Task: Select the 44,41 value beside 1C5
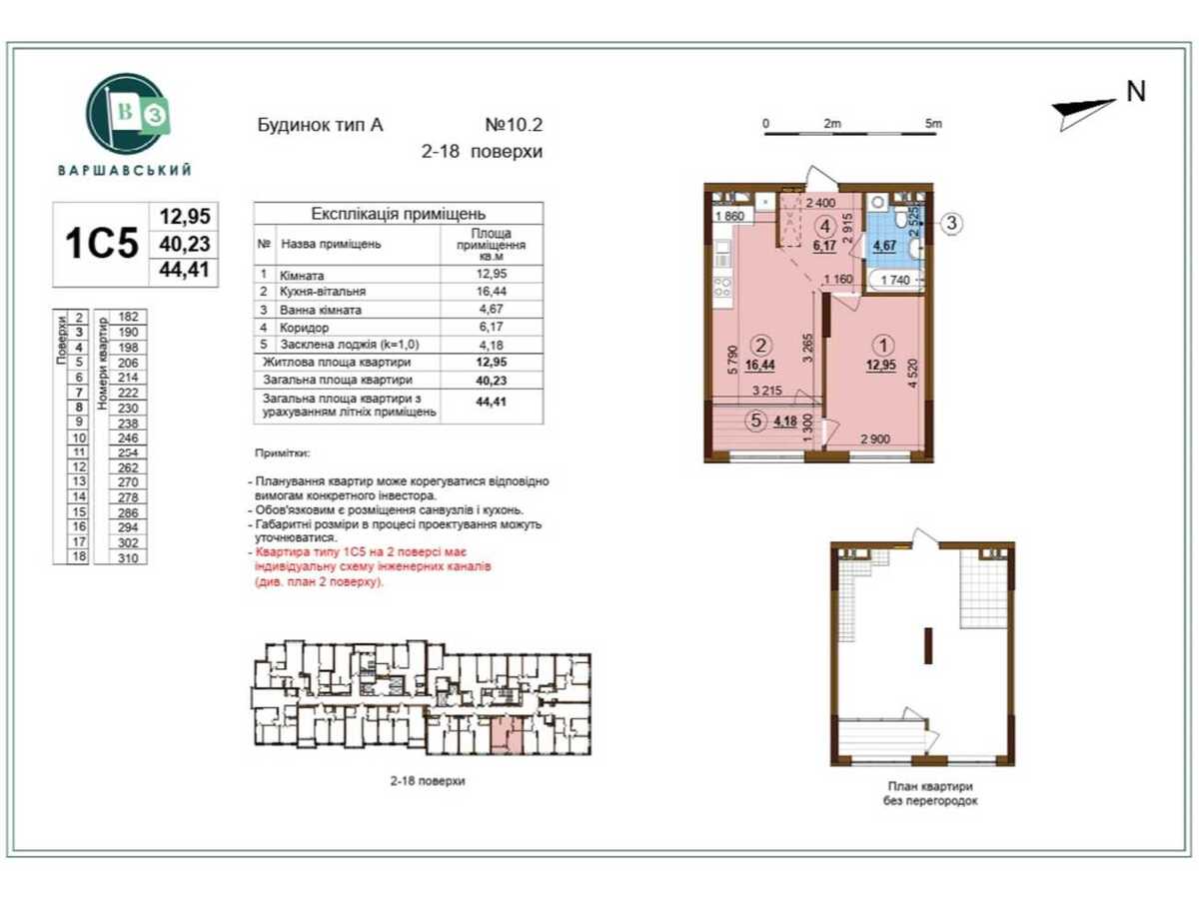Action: click(183, 268)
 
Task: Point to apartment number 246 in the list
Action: click(127, 438)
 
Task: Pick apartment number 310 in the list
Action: click(127, 557)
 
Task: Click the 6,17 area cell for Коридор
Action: click(491, 327)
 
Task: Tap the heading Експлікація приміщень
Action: click(398, 214)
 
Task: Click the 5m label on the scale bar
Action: click(933, 124)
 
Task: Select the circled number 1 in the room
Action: click(880, 345)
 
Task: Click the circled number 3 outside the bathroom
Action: click(952, 223)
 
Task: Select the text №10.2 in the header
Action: click(513, 127)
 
